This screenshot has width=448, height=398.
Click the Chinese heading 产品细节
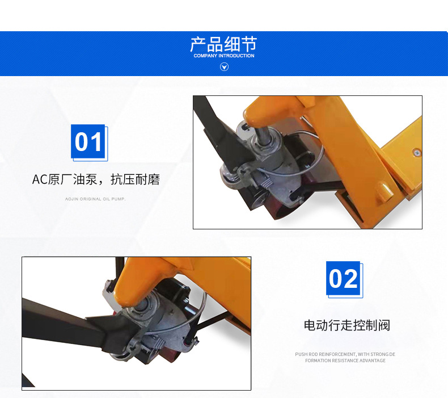coord(223,44)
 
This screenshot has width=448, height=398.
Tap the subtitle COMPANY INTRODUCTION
coord(224,56)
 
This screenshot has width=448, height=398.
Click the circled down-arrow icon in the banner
coord(225,67)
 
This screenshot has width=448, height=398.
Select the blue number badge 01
coord(88,141)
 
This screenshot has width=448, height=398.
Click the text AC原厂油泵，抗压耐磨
coord(96,179)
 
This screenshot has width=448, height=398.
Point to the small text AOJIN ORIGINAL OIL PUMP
coord(95,199)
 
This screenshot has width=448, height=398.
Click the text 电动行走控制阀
coord(347,325)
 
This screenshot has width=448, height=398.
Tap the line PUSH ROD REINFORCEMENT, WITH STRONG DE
coord(345,354)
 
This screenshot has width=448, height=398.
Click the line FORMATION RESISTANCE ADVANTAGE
coord(345,361)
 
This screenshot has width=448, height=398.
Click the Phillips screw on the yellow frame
coord(417,153)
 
